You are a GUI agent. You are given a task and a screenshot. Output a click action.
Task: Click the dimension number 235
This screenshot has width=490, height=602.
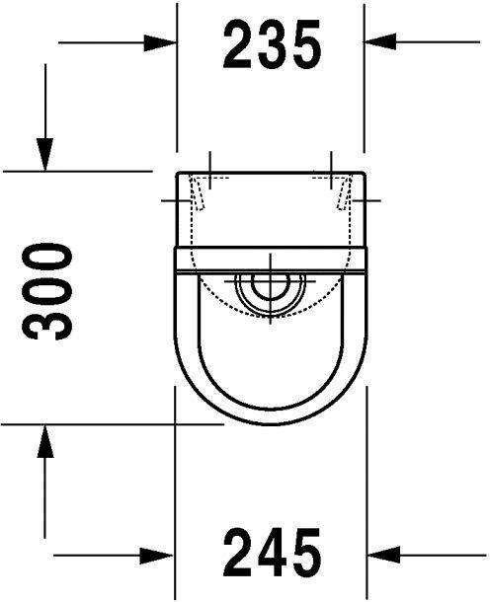coord(272,44)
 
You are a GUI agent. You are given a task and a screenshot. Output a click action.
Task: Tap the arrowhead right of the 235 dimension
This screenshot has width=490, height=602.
coord(381,41)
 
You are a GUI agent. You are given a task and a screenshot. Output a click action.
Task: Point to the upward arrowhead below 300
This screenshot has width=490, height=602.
coord(43,440)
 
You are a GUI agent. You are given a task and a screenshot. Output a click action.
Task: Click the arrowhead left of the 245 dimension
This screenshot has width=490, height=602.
coord(158,553)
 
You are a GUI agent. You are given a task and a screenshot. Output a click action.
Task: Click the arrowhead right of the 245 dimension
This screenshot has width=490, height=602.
coord(381,553)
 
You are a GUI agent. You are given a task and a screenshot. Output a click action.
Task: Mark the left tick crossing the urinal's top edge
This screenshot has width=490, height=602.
coord(211,165)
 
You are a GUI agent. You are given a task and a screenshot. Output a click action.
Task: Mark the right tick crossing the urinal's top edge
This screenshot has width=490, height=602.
coord(330,165)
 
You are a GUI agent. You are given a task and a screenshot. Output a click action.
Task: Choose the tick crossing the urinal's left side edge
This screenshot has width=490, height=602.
coord(177,200)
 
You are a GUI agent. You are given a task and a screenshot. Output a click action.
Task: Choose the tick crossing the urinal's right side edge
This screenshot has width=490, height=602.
coord(366,200)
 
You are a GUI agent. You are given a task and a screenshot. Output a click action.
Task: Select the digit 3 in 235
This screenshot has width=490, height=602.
coord(272,44)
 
